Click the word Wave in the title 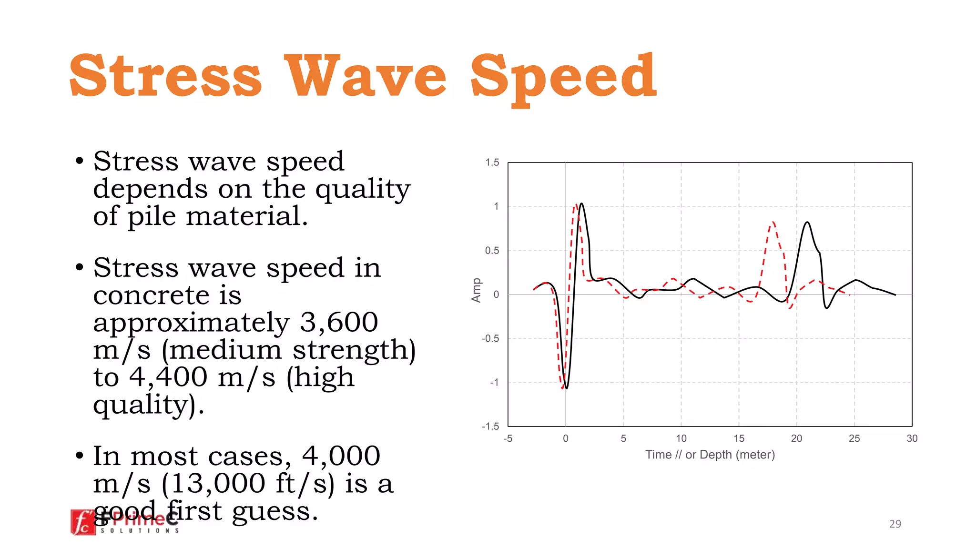365,76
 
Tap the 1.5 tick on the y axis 492,163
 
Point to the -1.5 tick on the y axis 490,426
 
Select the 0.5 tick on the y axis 492,251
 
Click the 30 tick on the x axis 912,438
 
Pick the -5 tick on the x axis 508,438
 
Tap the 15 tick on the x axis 739,438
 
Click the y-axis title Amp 476,290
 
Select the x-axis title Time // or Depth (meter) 710,455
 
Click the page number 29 895,524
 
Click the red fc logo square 83,522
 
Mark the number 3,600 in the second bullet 338,323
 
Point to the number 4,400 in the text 168,377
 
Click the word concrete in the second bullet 151,295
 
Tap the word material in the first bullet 247,216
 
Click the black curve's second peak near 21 807,222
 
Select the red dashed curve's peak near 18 773,222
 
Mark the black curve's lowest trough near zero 566,388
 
